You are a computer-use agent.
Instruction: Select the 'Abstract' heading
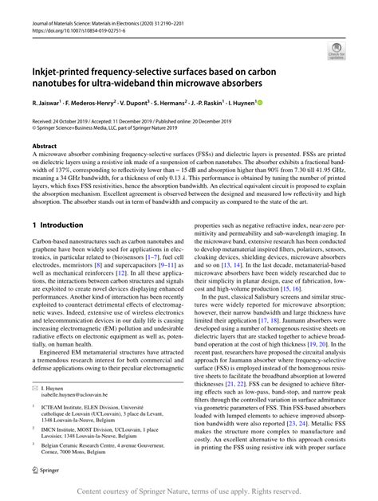pyautogui.click(x=44, y=147)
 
